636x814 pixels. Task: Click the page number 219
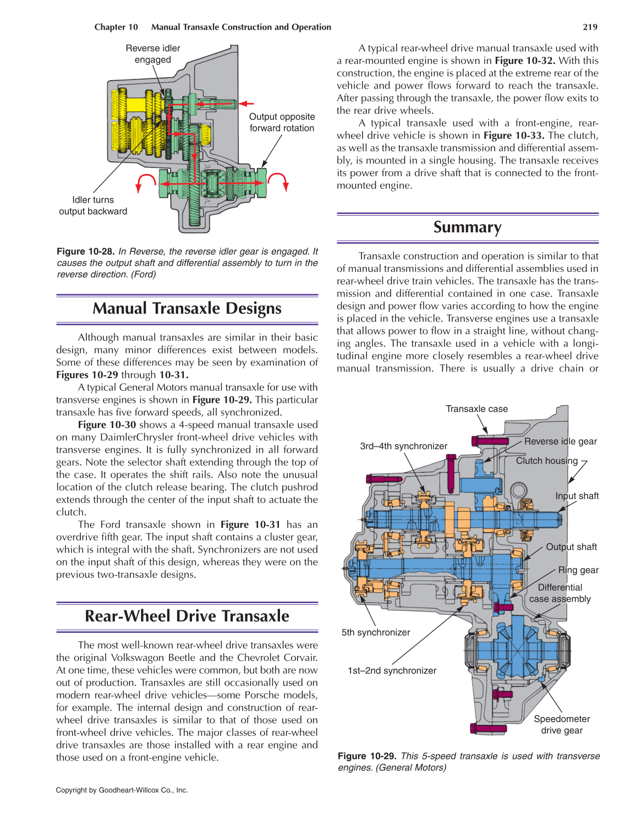click(x=590, y=27)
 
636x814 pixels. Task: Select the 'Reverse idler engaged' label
click(x=153, y=54)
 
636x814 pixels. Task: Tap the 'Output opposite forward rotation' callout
click(x=282, y=122)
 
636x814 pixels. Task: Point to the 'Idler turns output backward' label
click(x=93, y=206)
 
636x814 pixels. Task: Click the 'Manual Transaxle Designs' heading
click(x=187, y=309)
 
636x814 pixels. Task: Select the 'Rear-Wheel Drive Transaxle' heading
click(x=187, y=616)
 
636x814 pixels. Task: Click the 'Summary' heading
click(x=467, y=227)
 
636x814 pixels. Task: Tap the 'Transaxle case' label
click(x=476, y=409)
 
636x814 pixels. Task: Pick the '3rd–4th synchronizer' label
click(x=403, y=446)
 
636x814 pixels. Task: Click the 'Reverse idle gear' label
click(x=560, y=441)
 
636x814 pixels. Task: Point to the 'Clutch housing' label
click(x=546, y=461)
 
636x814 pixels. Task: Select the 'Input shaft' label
click(x=577, y=496)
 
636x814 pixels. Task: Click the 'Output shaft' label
click(x=571, y=547)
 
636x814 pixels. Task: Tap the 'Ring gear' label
click(x=578, y=570)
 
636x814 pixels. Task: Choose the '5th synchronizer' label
click(x=376, y=632)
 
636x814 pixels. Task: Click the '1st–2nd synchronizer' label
click(x=392, y=670)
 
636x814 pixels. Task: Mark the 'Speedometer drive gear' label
click(x=562, y=725)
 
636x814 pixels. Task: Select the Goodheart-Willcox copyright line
click(x=122, y=790)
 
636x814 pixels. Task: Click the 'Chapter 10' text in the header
click(x=116, y=27)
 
